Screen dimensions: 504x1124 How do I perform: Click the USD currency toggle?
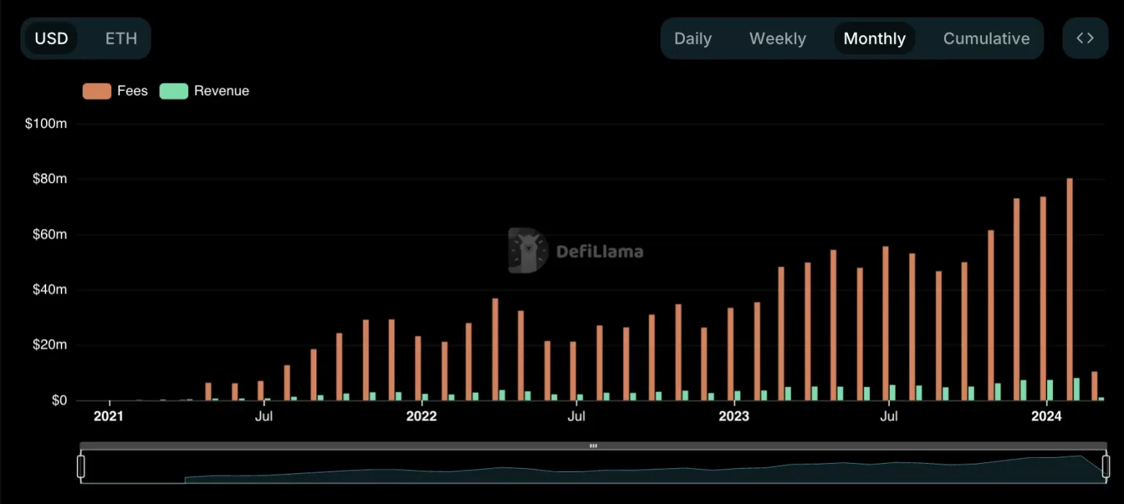click(51, 39)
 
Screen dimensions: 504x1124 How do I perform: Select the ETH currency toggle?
click(121, 39)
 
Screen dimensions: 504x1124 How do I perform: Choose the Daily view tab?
click(692, 39)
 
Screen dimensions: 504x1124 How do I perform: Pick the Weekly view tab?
click(777, 39)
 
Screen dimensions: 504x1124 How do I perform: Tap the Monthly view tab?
click(874, 39)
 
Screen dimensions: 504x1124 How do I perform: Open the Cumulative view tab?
click(986, 39)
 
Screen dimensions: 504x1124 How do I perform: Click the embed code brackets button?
click(1085, 38)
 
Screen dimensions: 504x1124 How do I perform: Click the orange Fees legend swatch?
click(97, 91)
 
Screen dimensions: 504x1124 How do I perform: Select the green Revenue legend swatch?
click(173, 91)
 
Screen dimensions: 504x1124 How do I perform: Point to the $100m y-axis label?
click(45, 124)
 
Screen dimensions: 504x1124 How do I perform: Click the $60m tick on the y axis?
click(48, 235)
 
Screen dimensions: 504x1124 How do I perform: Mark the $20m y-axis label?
click(48, 345)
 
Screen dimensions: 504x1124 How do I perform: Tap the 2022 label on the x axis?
click(421, 416)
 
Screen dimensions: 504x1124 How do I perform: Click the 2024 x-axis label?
click(1046, 416)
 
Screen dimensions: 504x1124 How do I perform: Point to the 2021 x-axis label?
click(108, 416)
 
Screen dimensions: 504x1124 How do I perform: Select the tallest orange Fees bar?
click(1069, 289)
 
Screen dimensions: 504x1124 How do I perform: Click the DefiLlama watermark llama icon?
click(528, 251)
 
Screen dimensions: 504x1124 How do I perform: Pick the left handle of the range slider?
click(81, 466)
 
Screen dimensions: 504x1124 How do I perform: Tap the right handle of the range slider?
click(1106, 466)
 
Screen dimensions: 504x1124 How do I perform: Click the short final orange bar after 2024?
click(1095, 386)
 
